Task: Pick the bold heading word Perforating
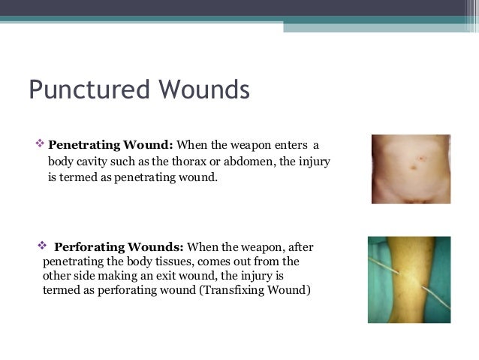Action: (x=91, y=247)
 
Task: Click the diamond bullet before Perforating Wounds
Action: (x=42, y=247)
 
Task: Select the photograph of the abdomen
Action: (x=411, y=169)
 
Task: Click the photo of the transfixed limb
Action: (x=409, y=280)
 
